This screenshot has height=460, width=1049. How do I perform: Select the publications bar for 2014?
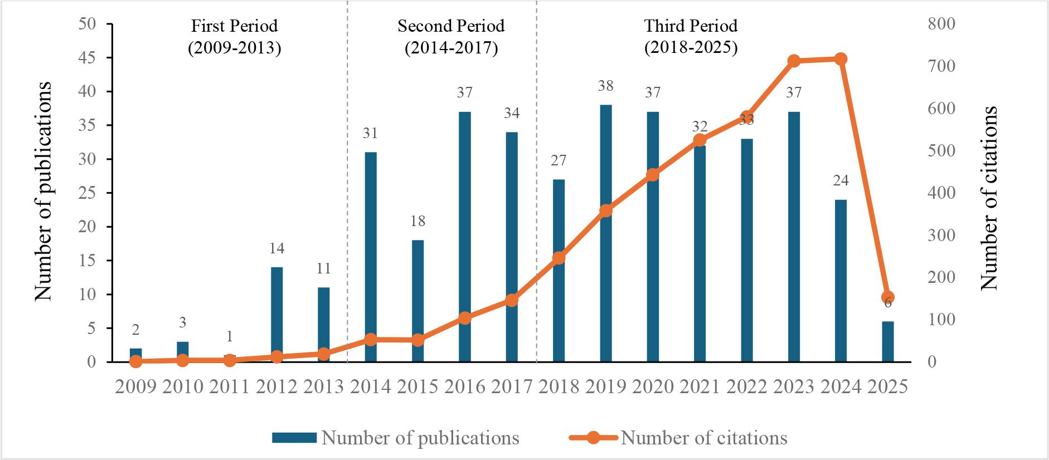tap(371, 257)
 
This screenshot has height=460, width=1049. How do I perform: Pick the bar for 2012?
tap(276, 314)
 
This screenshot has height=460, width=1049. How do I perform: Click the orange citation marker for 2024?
tap(841, 59)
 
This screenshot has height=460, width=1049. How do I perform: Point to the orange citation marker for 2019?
tap(606, 211)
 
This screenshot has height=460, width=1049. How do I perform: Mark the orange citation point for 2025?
tap(888, 297)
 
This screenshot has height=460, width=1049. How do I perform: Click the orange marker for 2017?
tap(512, 300)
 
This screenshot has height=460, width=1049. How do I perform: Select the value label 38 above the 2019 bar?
tap(606, 86)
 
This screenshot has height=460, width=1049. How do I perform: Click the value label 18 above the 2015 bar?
tap(417, 221)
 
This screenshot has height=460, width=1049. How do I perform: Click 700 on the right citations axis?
tap(941, 66)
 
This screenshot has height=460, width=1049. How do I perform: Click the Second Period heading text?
tap(451, 26)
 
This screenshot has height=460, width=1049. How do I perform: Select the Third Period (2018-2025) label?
tap(691, 37)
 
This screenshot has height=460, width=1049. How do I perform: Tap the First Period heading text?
tap(234, 26)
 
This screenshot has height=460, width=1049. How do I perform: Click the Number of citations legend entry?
tap(704, 438)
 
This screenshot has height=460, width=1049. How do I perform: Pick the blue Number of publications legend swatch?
tap(294, 438)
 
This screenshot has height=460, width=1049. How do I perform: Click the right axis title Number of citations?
tap(989, 198)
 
